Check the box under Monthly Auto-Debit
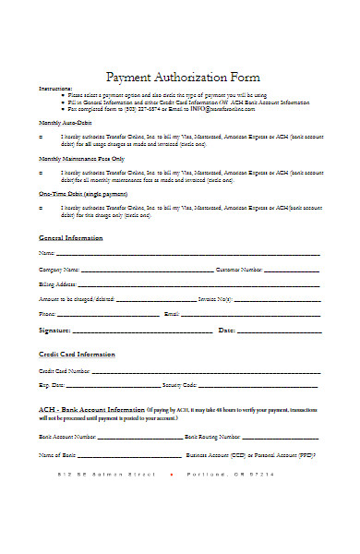[x=42, y=136]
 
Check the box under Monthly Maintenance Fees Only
[x=42, y=172]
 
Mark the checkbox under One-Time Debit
[x=42, y=208]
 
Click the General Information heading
[x=71, y=237]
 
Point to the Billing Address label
[x=57, y=284]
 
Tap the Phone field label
[x=47, y=314]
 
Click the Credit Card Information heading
[x=77, y=355]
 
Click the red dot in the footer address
[x=172, y=474]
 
